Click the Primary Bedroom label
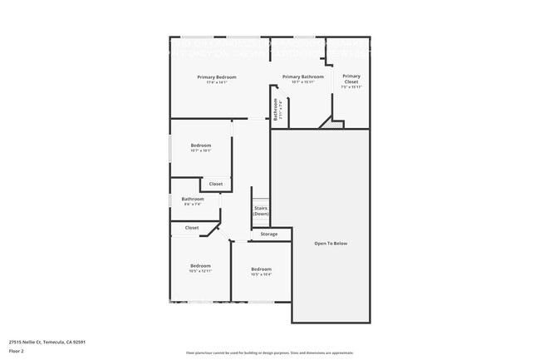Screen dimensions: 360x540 (x=212, y=77)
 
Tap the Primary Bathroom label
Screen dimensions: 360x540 (x=302, y=77)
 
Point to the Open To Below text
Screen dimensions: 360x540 (x=330, y=244)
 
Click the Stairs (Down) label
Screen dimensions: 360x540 (x=260, y=211)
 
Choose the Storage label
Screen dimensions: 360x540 (x=269, y=234)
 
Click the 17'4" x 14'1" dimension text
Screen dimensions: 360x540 (x=212, y=83)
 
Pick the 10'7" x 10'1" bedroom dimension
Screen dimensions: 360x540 (x=201, y=151)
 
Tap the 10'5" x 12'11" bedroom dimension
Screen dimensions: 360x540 (x=200, y=272)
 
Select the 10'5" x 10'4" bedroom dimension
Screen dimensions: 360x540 (x=261, y=274)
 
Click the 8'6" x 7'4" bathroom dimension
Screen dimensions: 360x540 (x=193, y=205)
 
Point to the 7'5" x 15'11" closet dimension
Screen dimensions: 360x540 (x=351, y=87)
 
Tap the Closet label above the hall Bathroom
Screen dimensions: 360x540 (x=215, y=184)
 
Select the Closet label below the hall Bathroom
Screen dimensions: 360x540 (x=192, y=228)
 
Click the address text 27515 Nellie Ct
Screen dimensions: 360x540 (x=47, y=342)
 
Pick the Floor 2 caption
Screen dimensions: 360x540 (x=17, y=351)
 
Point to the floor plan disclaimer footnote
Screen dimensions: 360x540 (x=270, y=353)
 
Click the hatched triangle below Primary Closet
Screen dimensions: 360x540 (x=336, y=124)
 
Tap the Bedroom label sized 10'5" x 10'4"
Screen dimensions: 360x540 (x=261, y=269)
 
